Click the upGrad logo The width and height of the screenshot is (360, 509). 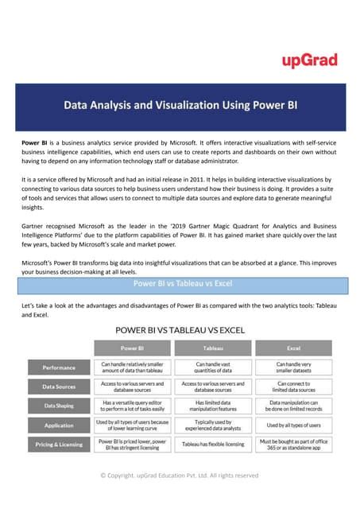pyautogui.click(x=309, y=60)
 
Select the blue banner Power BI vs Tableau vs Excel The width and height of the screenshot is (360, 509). pyautogui.click(x=180, y=283)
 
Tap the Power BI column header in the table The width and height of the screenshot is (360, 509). pyautogui.click(x=131, y=348)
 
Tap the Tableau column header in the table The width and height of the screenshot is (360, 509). pyautogui.click(x=213, y=348)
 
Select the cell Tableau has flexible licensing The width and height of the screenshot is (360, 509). pyautogui.click(x=213, y=444)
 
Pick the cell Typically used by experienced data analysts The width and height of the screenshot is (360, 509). pyautogui.click(x=213, y=425)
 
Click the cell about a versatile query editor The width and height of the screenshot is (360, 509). pyautogui.click(x=131, y=406)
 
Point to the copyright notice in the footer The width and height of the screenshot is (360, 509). pyautogui.click(x=180, y=476)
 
